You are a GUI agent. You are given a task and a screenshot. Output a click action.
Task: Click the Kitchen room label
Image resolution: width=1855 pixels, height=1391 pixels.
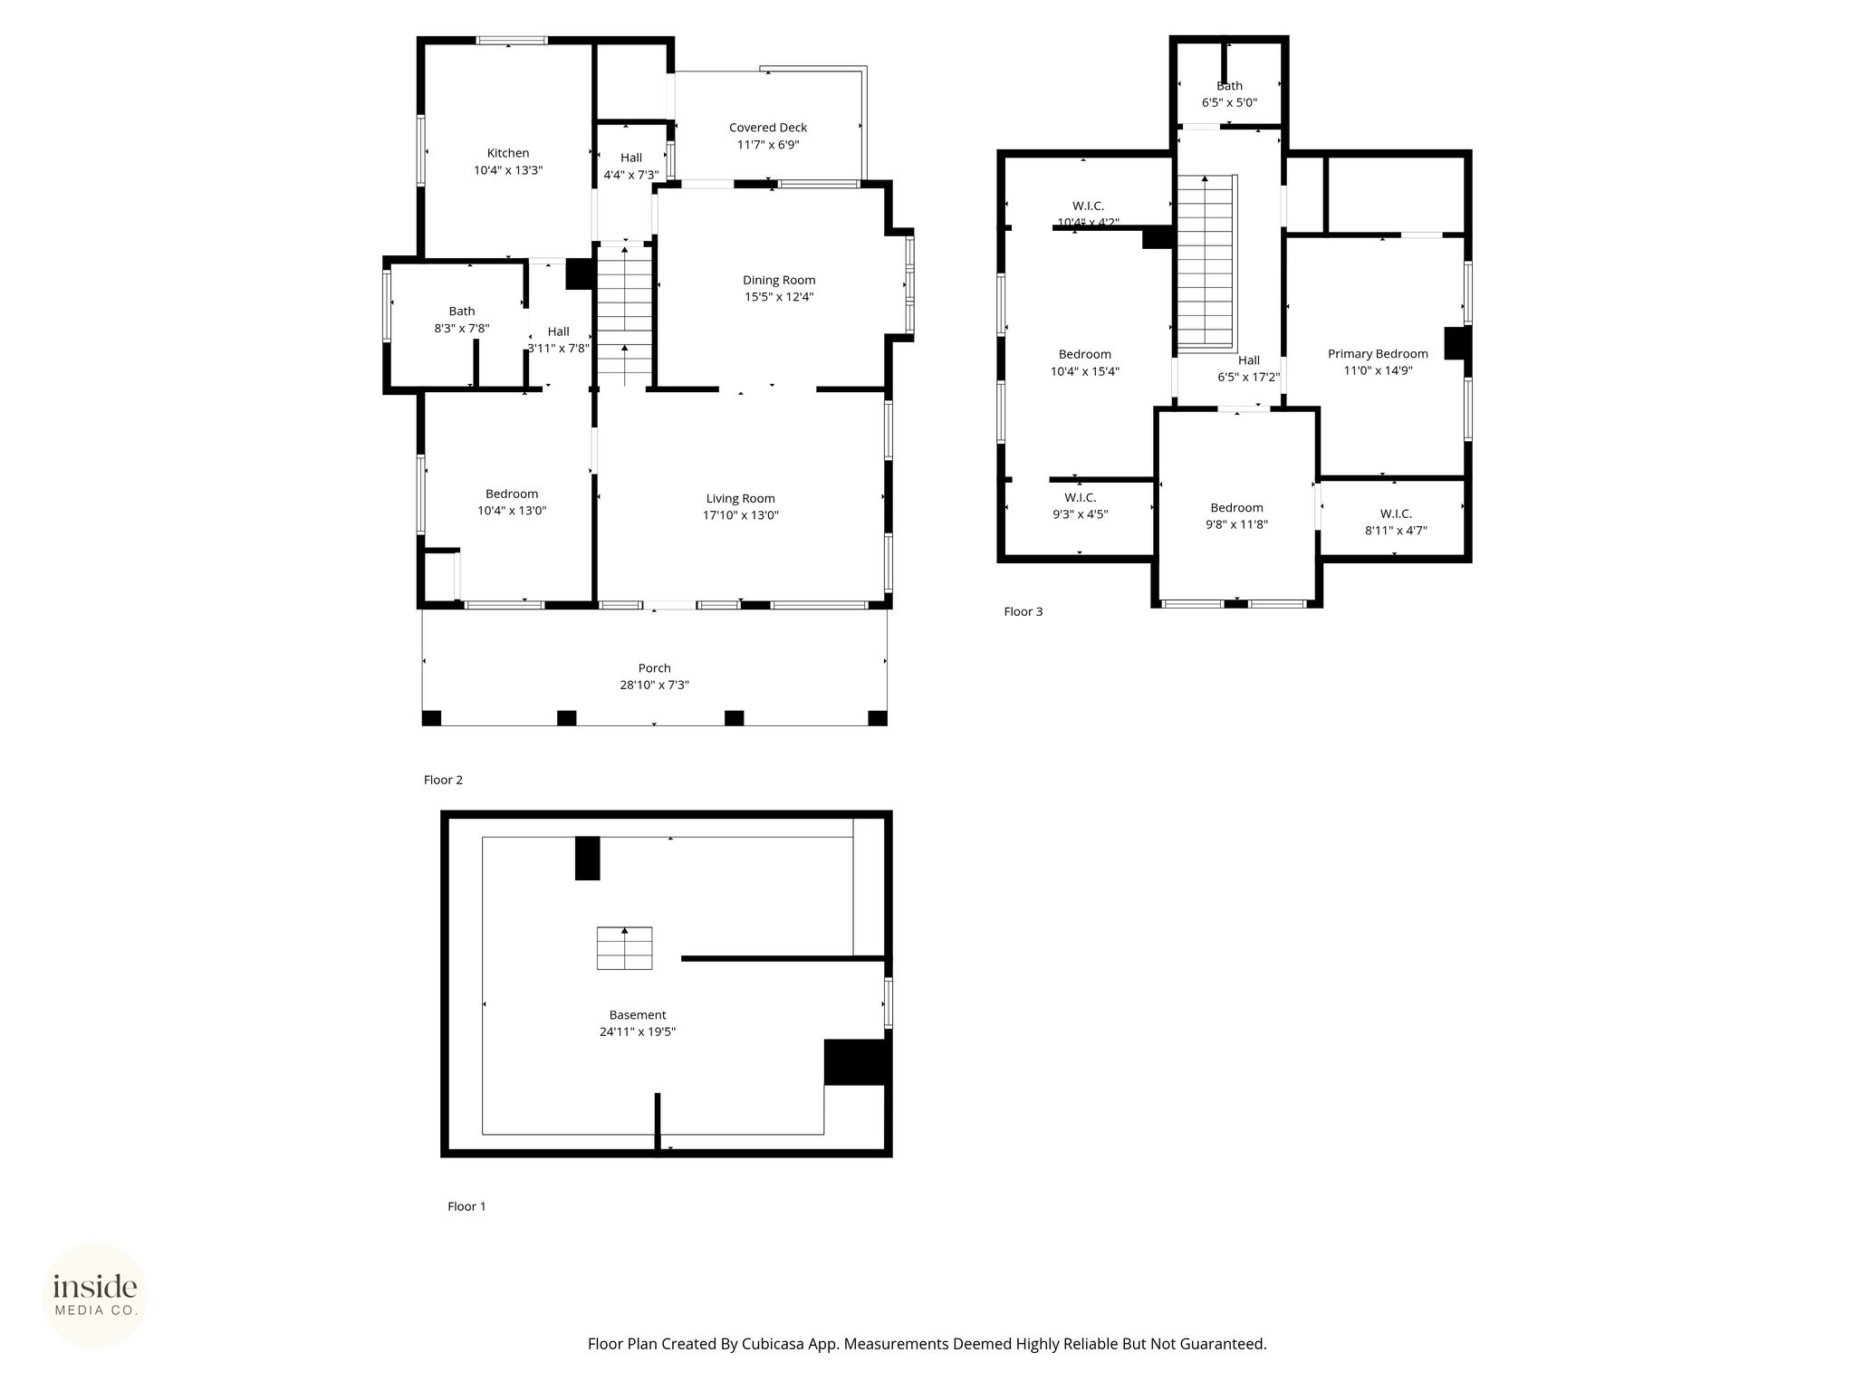point(508,153)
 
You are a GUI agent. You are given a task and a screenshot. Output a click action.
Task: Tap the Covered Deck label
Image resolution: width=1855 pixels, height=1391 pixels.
point(768,128)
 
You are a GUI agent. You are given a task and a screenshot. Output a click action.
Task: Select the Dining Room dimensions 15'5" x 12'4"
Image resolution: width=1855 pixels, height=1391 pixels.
point(779,297)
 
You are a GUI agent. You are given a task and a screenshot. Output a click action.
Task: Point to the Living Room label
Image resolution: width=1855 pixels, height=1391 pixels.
point(741,498)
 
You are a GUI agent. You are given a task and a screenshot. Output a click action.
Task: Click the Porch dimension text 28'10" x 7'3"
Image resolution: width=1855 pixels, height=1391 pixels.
point(654,686)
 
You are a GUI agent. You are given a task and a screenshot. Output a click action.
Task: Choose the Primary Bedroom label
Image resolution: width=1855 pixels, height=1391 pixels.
point(1378,354)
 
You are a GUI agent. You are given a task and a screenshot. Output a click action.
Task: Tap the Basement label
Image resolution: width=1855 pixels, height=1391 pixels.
point(638,1015)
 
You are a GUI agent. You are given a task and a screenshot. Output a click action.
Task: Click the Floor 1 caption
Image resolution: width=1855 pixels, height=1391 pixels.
point(466,1206)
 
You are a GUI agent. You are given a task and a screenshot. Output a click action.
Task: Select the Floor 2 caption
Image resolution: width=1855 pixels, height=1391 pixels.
point(443,780)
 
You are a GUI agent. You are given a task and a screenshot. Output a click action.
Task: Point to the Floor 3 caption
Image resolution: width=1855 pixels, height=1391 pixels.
point(1024,611)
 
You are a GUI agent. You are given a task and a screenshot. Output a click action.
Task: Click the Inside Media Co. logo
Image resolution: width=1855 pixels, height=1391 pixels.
point(95,1295)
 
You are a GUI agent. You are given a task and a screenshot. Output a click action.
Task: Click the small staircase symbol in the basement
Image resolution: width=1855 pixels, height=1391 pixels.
point(624,948)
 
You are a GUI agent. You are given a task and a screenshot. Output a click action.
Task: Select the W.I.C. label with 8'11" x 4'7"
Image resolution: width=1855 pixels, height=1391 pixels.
point(1396,513)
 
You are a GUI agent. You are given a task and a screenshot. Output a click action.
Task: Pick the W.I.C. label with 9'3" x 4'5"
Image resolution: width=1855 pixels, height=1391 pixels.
point(1080,497)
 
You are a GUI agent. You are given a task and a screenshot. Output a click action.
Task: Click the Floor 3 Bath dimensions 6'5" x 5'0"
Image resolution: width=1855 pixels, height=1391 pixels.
point(1229,102)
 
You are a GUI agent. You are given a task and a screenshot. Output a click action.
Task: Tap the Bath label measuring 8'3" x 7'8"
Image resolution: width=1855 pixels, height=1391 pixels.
point(462,311)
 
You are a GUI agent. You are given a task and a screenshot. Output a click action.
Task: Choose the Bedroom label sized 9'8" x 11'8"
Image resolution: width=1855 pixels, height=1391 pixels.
point(1236,508)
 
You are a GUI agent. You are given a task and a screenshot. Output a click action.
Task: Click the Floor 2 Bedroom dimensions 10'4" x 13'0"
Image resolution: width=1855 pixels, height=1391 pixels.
point(512,511)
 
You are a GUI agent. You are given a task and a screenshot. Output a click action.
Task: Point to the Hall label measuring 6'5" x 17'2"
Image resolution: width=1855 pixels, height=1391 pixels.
point(1249,360)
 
